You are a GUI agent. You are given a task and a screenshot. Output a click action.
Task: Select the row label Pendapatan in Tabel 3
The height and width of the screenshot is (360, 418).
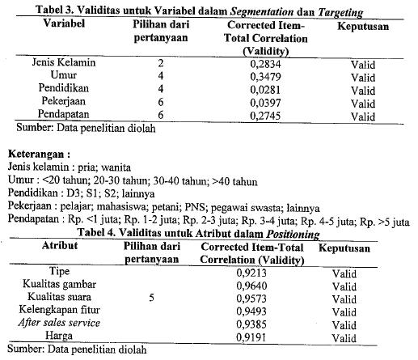pyautogui.click(x=64, y=116)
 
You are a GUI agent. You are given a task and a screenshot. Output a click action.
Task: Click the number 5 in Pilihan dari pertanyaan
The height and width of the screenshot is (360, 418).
pyautogui.click(x=151, y=298)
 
